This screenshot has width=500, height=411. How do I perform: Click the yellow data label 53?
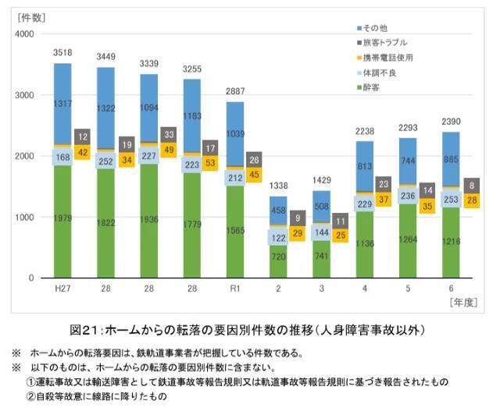pos(209,164)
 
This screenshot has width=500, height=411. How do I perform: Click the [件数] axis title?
pos(31,16)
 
